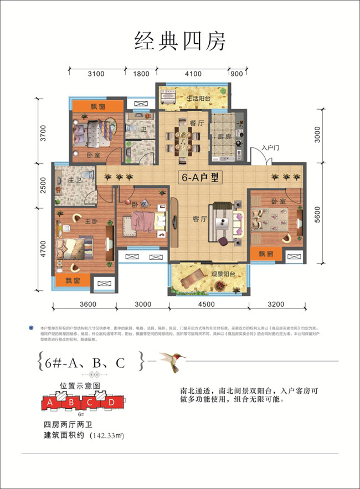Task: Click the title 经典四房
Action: pyautogui.click(x=180, y=42)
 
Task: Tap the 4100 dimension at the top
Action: pyautogui.click(x=193, y=73)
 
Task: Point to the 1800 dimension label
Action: pyautogui.click(x=141, y=73)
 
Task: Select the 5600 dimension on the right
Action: pyautogui.click(x=317, y=213)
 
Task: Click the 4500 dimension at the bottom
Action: pyautogui.click(x=209, y=304)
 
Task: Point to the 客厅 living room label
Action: pyautogui.click(x=192, y=219)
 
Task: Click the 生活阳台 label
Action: pyautogui.click(x=198, y=97)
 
